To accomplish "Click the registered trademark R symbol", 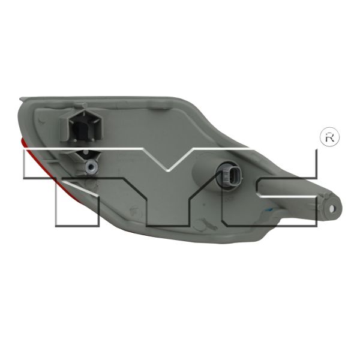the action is click(x=329, y=137).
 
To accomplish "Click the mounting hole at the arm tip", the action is click(x=332, y=208).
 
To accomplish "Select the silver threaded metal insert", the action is click(x=91, y=167).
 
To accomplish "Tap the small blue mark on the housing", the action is click(x=270, y=209).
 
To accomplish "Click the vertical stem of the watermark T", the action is click(x=77, y=203).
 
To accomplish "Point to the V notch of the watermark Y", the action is click(x=168, y=170).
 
